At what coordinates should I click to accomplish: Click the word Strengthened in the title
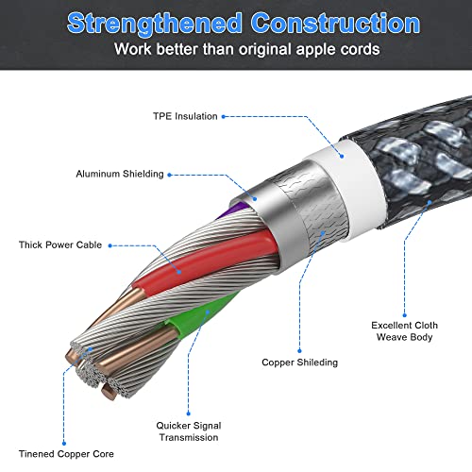tap(154, 24)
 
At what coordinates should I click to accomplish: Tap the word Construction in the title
tap(335, 23)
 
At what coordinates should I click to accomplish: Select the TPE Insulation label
tap(185, 116)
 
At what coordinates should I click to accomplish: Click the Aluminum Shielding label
tap(120, 174)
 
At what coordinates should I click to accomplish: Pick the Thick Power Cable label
tap(60, 244)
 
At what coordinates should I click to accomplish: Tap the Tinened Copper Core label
tap(66, 454)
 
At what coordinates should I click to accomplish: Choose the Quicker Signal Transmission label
tap(189, 431)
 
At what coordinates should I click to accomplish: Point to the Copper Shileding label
tap(299, 362)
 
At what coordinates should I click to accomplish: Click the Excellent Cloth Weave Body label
tap(404, 331)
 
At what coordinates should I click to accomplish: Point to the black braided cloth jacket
tap(418, 158)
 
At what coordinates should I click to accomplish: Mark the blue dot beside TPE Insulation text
tap(224, 116)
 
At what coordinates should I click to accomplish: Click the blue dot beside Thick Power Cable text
tap(110, 245)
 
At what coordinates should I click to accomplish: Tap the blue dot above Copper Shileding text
tap(299, 350)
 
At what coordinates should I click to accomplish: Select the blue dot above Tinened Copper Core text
tap(64, 444)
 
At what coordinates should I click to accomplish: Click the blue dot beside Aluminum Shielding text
tap(169, 175)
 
